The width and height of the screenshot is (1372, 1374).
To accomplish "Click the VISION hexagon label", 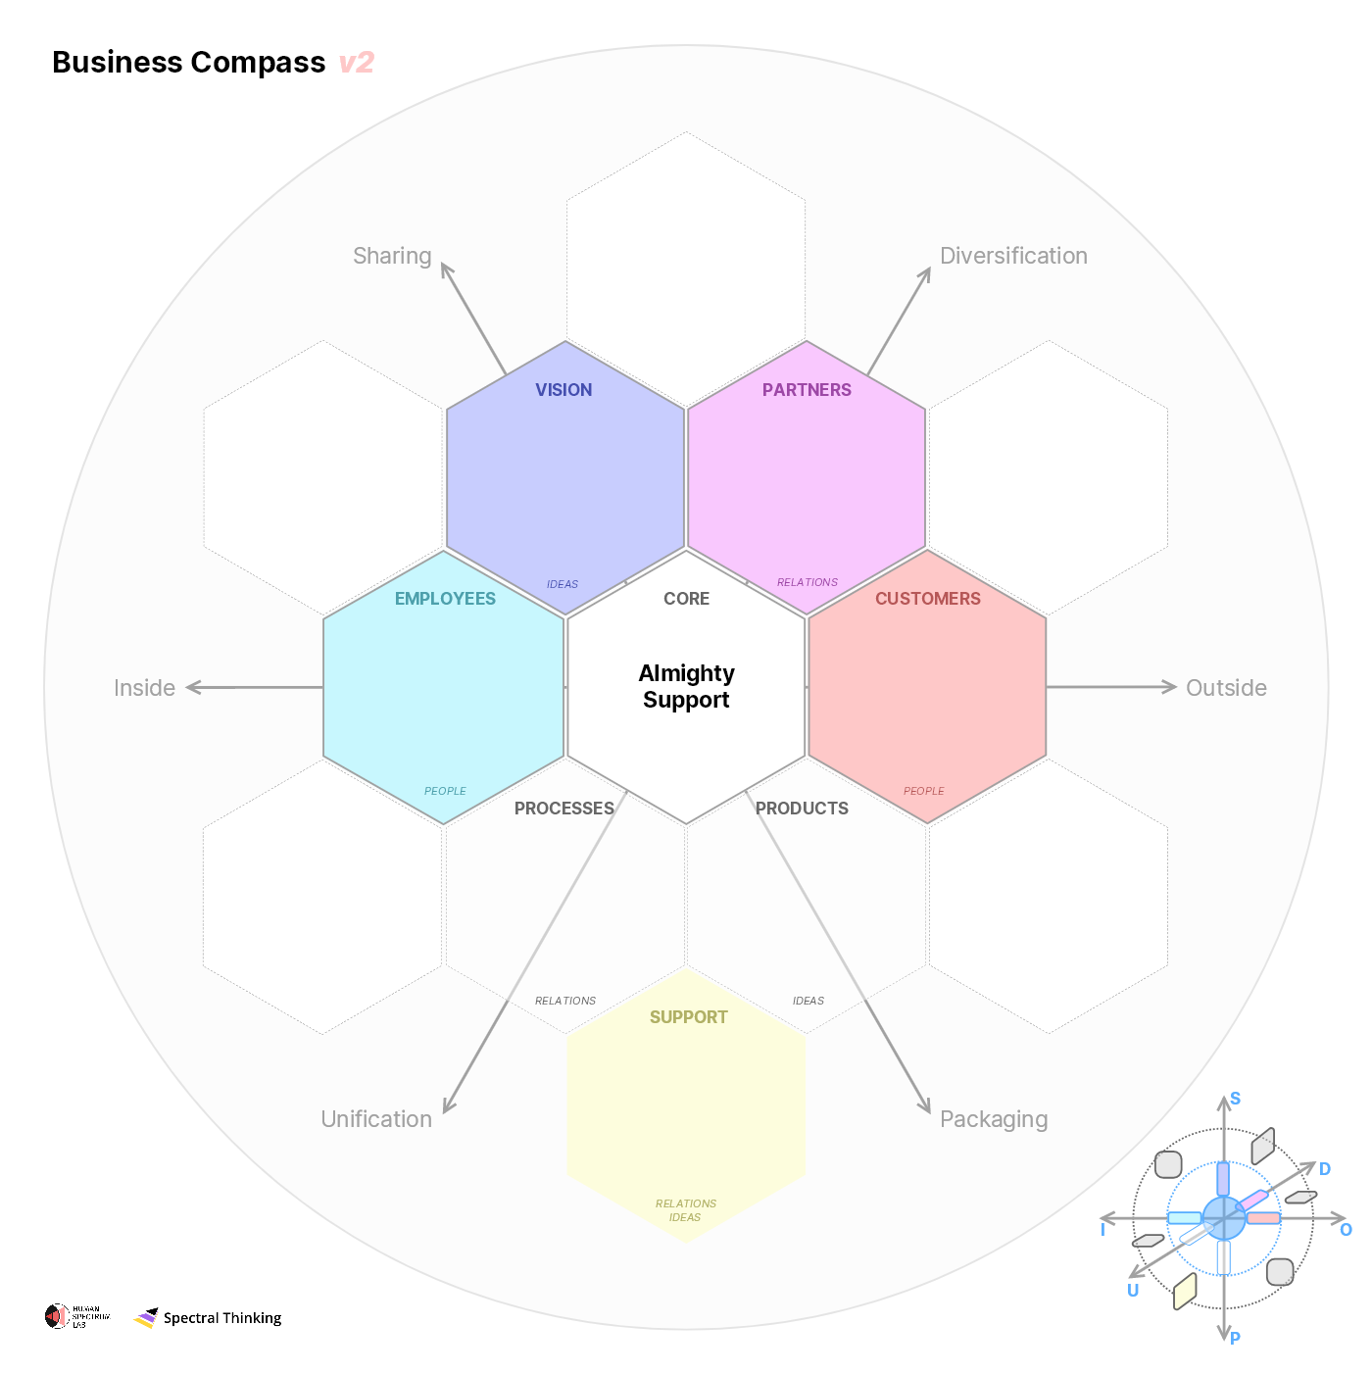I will click(x=563, y=390).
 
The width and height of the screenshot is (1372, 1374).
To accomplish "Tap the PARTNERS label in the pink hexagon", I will click(x=807, y=390).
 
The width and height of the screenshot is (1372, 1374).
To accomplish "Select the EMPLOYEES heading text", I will click(x=445, y=599).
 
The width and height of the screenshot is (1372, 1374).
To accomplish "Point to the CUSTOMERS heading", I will click(x=927, y=599).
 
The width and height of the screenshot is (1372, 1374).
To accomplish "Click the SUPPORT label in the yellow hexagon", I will click(x=688, y=1017).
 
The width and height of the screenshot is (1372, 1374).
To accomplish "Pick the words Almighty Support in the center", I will click(x=686, y=686).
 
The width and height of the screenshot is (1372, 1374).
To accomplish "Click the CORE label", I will click(x=686, y=599).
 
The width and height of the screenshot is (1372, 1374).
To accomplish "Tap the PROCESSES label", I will click(x=563, y=809).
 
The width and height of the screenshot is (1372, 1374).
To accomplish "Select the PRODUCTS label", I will click(x=802, y=809).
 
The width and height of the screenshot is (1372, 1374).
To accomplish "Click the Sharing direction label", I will click(x=392, y=256).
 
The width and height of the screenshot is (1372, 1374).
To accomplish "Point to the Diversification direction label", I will click(x=1013, y=256).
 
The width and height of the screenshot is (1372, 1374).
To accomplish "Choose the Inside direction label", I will click(x=144, y=688).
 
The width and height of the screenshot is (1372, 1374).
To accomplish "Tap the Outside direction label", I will click(x=1226, y=688).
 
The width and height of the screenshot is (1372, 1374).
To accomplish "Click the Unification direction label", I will click(x=376, y=1119).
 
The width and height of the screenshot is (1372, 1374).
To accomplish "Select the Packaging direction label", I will click(x=994, y=1119).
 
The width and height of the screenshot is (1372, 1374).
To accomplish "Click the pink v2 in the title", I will click(x=357, y=63).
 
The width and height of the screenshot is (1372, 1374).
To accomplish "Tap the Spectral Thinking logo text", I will click(x=222, y=1318).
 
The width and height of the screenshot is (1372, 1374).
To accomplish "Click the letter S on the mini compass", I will click(x=1235, y=1099).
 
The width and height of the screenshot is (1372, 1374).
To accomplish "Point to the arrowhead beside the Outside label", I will click(x=1169, y=687).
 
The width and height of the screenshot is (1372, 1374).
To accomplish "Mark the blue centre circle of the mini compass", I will click(x=1224, y=1218).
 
